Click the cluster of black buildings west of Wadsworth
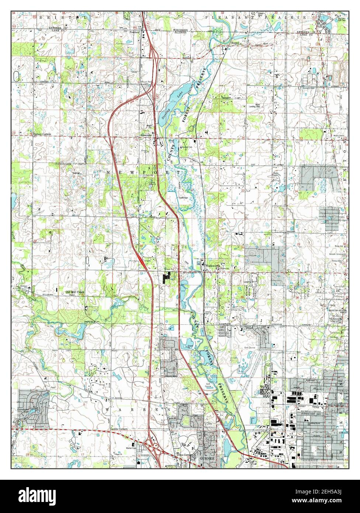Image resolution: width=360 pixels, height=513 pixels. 168,276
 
